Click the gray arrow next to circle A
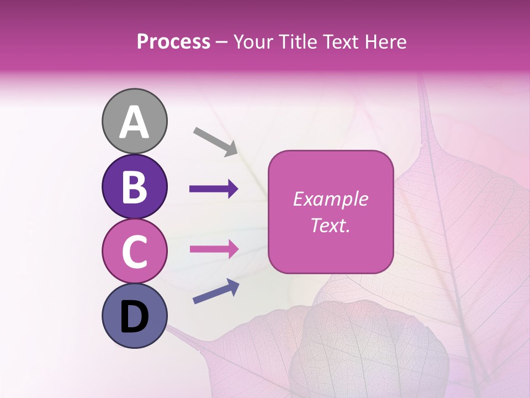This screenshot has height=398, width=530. [x=215, y=142]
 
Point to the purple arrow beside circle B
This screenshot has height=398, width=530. [x=214, y=189]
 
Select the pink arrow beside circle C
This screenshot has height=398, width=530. [x=214, y=249]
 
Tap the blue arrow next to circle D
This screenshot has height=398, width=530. [x=216, y=291]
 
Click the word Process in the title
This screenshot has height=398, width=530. [x=173, y=42]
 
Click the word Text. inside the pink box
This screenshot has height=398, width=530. [x=330, y=225]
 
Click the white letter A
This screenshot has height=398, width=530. [x=134, y=122]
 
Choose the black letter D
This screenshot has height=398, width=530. [x=134, y=317]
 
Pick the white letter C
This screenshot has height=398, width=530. [x=134, y=252]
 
